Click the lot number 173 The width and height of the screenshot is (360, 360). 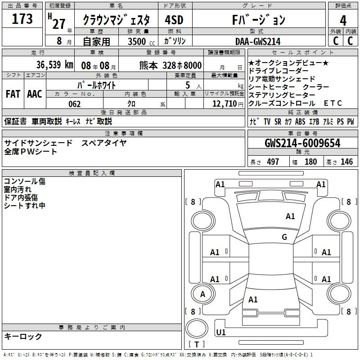(22, 19)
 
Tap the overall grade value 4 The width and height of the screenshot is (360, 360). (343, 21)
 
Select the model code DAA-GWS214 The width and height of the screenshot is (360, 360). (258, 41)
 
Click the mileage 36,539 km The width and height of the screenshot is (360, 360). (54, 65)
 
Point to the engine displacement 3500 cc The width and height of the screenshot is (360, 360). (141, 41)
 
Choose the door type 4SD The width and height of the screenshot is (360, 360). (174, 20)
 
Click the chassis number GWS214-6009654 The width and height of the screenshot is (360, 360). (302, 143)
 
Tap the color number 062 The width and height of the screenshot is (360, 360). (75, 104)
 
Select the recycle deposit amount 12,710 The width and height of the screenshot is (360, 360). (225, 104)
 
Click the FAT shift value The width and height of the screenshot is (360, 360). (13, 94)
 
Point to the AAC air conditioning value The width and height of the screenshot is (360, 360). (35, 94)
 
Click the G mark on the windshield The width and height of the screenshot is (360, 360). (284, 237)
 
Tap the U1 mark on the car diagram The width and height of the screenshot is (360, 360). (221, 332)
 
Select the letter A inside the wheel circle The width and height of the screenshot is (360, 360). (202, 294)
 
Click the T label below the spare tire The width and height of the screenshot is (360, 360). (197, 344)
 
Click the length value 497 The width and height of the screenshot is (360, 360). (273, 162)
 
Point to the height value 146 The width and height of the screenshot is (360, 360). (346, 162)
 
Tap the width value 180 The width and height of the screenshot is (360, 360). (310, 162)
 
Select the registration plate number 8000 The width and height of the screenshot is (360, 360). (193, 65)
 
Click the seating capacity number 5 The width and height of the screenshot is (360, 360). (188, 85)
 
